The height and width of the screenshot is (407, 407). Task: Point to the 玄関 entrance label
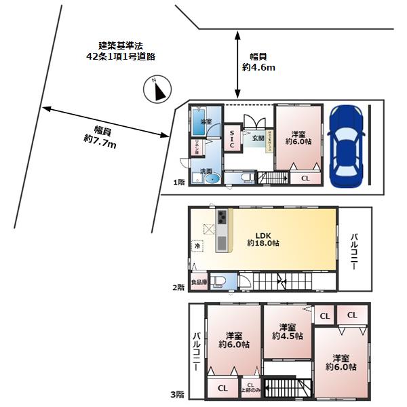(x=258, y=138)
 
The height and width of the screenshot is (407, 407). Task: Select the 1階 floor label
(x=178, y=182)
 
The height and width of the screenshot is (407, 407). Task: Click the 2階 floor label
(x=178, y=288)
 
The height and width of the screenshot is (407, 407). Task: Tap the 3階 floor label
(x=178, y=394)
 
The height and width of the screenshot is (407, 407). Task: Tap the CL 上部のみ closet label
(x=250, y=389)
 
